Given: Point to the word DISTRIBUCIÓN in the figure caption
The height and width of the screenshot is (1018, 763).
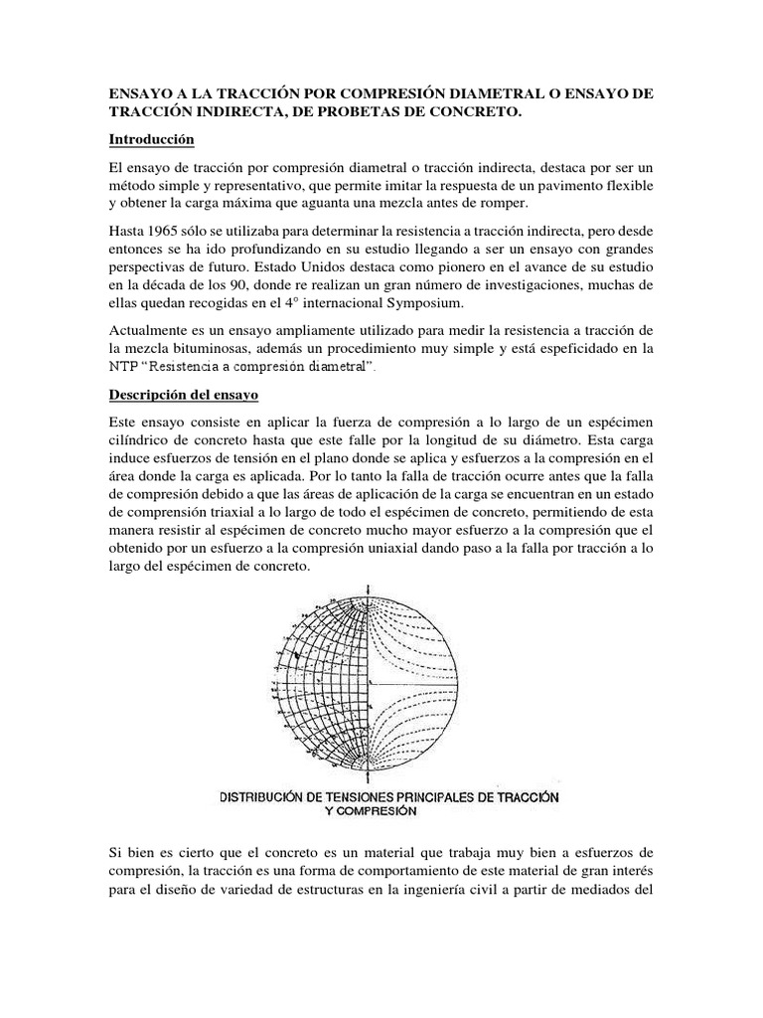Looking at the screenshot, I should click(x=265, y=797).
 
